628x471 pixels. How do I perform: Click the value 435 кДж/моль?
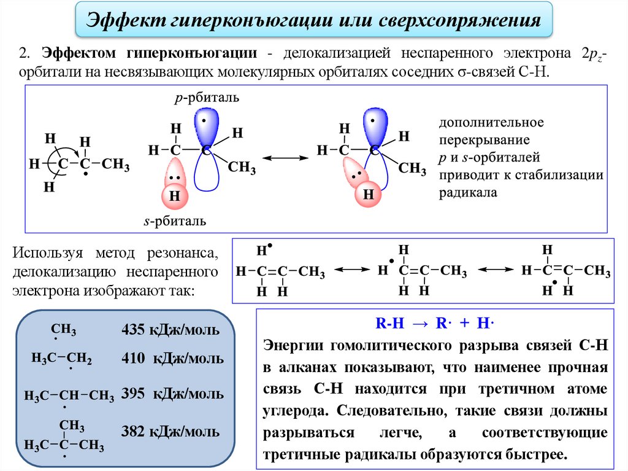click(170, 330)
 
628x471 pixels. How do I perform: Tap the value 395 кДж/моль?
click(172, 394)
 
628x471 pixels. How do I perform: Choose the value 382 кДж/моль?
click(172, 430)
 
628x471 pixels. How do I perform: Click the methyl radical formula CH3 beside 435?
click(64, 331)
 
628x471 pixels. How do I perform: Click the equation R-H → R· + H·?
click(435, 325)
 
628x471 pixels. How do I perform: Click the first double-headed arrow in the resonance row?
click(349, 270)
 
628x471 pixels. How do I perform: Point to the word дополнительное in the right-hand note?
click(491, 122)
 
